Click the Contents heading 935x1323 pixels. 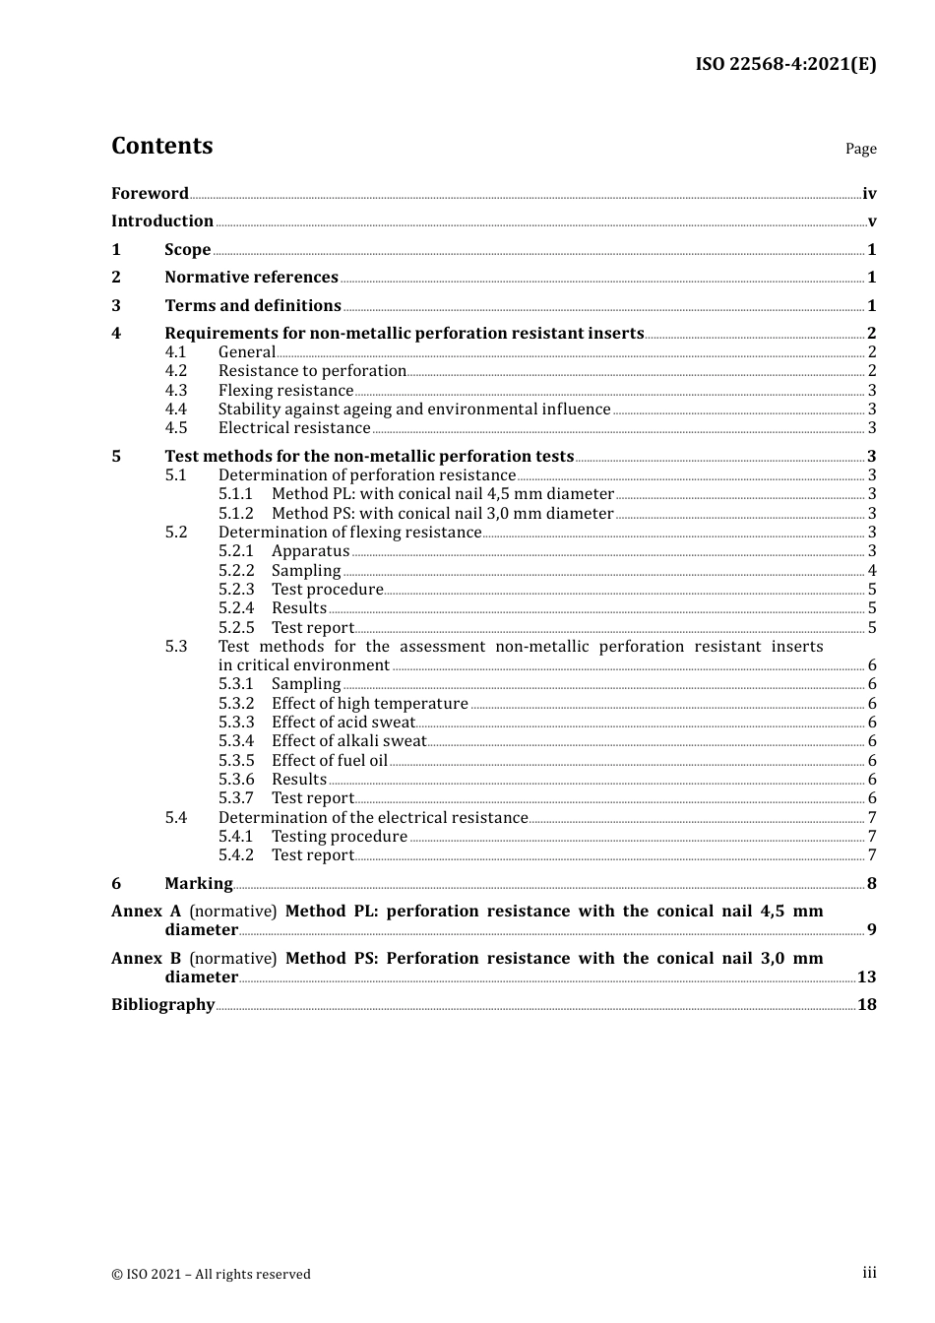point(161,146)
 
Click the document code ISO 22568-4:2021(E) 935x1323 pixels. point(785,64)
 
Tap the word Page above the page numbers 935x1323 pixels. point(860,149)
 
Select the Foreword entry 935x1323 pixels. point(150,194)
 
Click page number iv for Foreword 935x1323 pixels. point(869,194)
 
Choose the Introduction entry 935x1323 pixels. point(162,221)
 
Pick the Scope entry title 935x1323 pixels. point(188,250)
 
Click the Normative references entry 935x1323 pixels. point(251,278)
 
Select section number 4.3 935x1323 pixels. point(176,391)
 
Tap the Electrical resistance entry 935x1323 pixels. point(294,428)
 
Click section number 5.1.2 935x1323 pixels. point(236,514)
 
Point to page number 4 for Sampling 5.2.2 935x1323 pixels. point(872,571)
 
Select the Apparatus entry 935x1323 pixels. point(310,551)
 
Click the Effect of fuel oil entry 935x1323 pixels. point(330,761)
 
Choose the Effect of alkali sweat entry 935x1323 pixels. point(348,741)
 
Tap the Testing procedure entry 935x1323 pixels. point(339,837)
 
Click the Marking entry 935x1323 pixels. point(199,884)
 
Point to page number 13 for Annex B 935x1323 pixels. point(866,977)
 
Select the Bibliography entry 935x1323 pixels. point(162,1005)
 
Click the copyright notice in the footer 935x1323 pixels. point(211,1275)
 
